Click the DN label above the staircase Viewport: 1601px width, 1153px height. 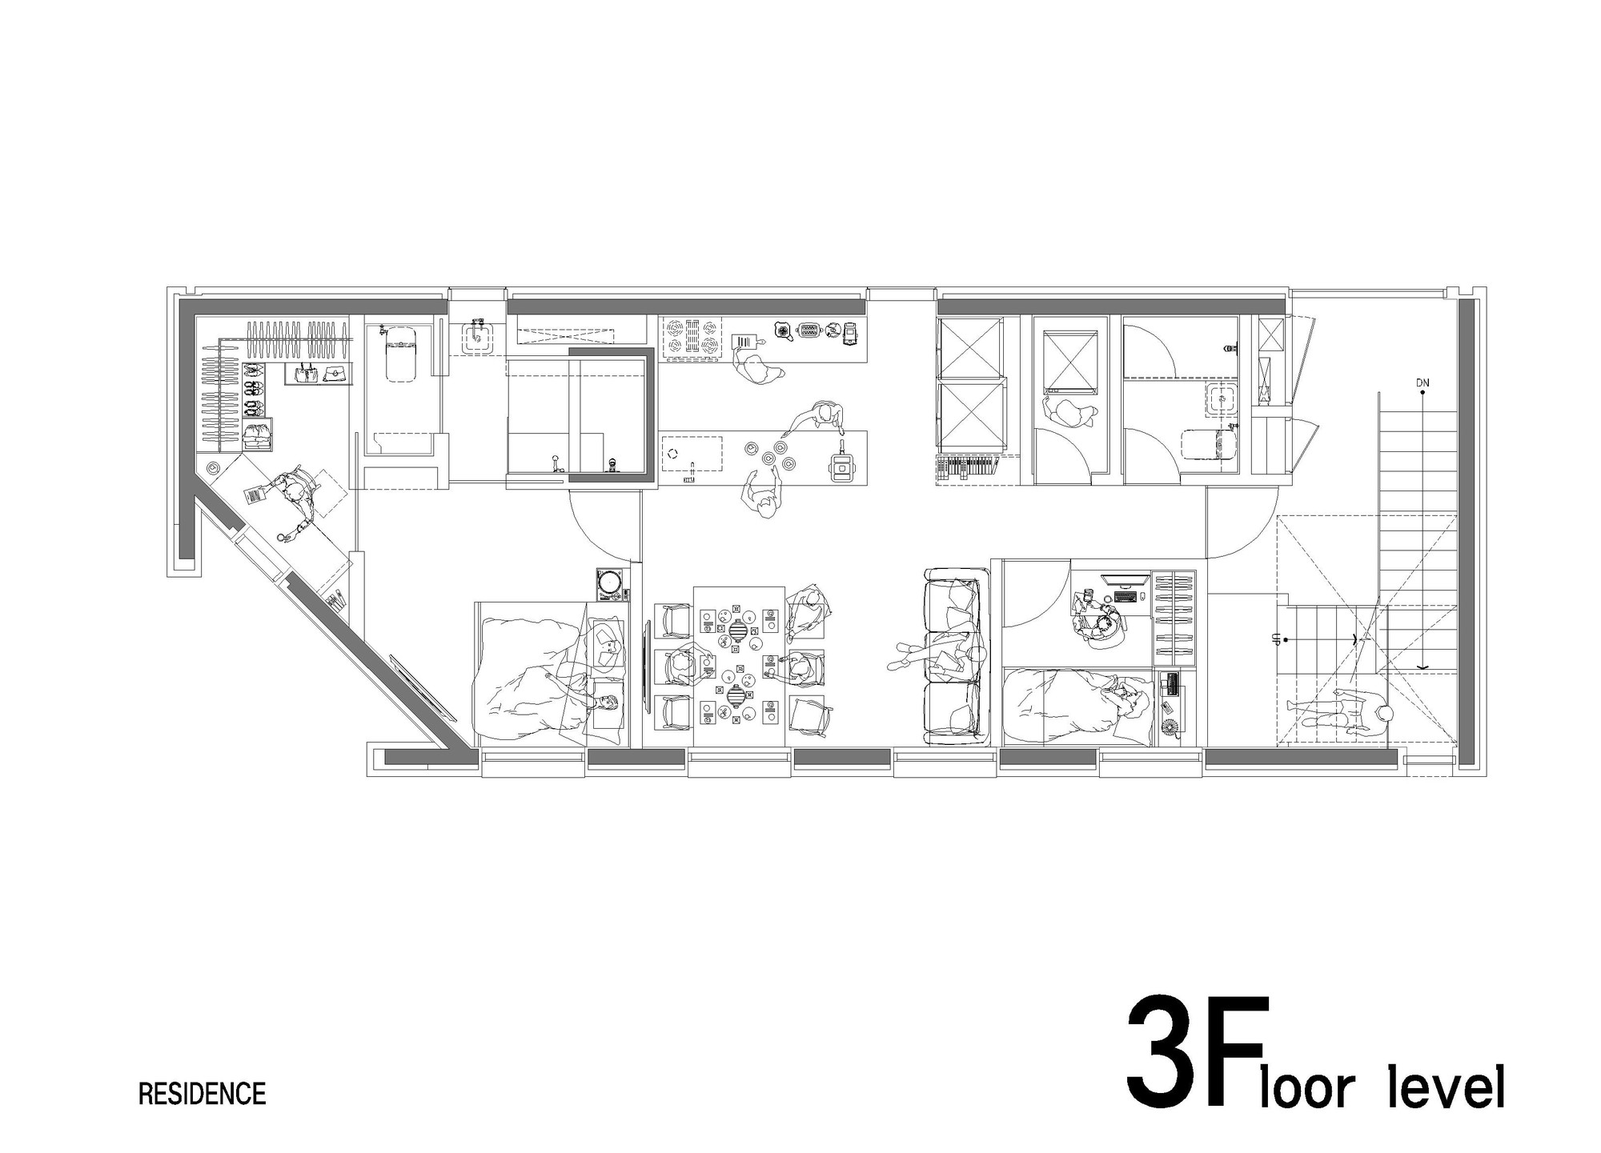[x=1422, y=383]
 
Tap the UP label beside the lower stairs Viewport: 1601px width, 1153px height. [x=1272, y=639]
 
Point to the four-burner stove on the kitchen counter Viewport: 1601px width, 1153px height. [x=691, y=335]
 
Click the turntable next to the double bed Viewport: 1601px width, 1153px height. [x=612, y=584]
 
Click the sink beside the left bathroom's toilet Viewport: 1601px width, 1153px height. [x=477, y=337]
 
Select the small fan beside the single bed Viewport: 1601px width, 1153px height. [x=1168, y=727]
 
